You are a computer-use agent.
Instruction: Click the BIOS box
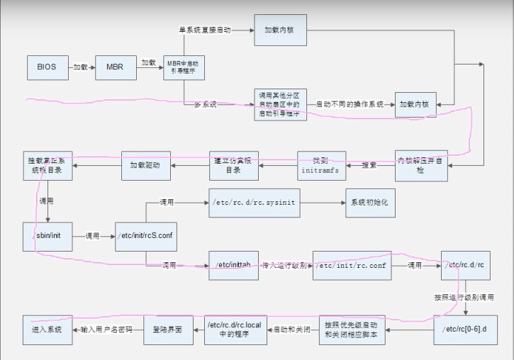47,67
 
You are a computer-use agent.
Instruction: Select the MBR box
115,67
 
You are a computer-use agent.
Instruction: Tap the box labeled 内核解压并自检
421,166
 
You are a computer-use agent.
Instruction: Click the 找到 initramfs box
321,166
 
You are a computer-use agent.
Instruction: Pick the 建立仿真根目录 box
233,166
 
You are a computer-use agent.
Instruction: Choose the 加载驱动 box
146,166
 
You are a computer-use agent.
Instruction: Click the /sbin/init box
47,236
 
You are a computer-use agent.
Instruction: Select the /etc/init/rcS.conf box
145,236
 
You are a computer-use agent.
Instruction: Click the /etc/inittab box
233,265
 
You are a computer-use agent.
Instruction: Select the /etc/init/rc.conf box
352,265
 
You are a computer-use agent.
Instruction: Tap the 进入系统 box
47,330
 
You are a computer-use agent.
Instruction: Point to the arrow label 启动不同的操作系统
350,103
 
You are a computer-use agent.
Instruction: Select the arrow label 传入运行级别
285,265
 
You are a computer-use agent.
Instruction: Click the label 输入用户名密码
106,330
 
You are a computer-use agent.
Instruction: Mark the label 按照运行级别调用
464,297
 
